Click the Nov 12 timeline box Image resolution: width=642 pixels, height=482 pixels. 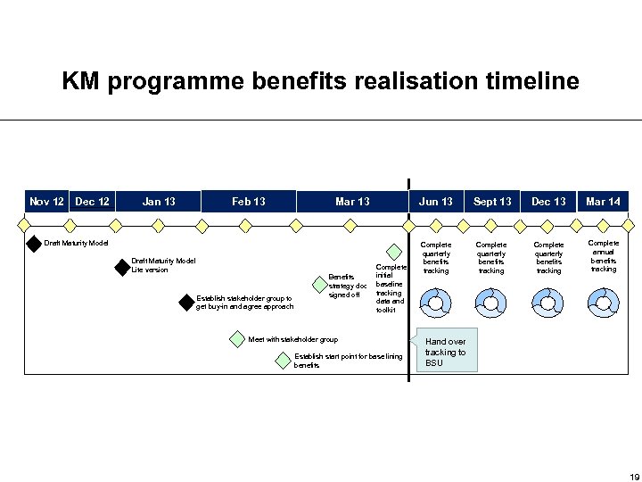[46, 202]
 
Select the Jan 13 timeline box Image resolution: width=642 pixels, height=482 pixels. [159, 202]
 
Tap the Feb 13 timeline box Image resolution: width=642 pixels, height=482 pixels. [249, 202]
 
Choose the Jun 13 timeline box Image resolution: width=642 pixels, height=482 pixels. [436, 202]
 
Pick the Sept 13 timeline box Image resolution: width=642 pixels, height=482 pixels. [492, 202]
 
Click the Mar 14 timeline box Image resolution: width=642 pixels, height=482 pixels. [603, 202]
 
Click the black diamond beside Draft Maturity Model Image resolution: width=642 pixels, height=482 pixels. [35, 243]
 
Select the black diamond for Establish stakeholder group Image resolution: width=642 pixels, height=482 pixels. [185, 302]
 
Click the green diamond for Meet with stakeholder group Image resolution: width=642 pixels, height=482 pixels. [236, 339]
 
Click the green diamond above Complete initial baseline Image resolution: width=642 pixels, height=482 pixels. [392, 253]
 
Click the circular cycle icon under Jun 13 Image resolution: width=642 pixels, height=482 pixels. [436, 305]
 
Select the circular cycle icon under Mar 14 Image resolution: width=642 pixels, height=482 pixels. [603, 305]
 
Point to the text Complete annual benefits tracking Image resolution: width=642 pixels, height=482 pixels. [604, 255]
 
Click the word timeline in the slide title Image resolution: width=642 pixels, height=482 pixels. [532, 82]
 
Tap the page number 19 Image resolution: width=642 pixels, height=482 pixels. [635, 475]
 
